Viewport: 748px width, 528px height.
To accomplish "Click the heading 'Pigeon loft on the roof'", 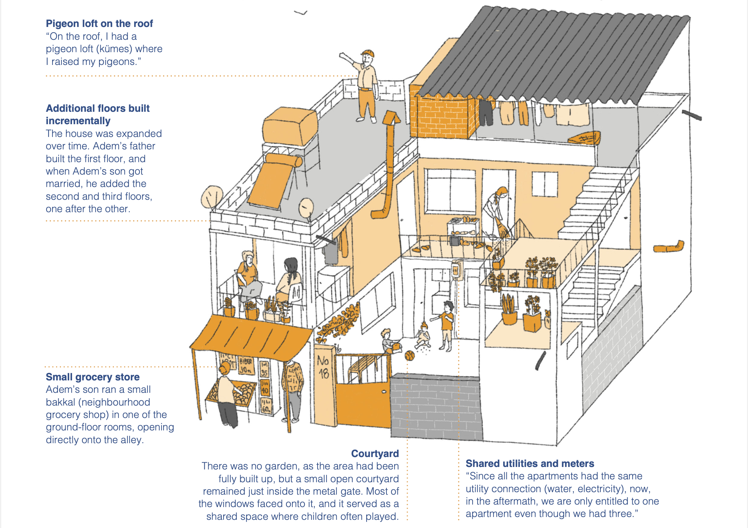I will [99, 23].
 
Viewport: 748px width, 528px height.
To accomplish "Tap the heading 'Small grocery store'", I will [93, 377].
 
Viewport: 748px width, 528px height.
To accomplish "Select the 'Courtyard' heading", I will [375, 453].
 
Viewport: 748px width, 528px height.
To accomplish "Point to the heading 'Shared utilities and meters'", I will [530, 463].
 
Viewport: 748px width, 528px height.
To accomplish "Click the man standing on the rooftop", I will [367, 85].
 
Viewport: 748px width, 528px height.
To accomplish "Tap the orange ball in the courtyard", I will [409, 355].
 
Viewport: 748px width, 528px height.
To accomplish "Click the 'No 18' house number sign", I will [324, 367].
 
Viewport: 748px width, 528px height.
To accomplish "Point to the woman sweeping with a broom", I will [497, 213].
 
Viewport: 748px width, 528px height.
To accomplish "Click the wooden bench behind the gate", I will [362, 367].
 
